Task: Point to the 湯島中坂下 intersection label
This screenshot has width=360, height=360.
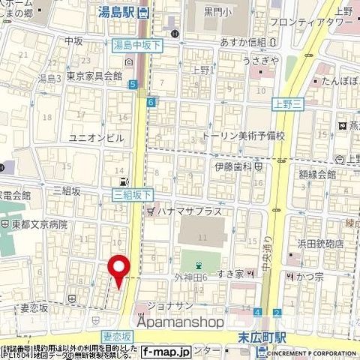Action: tap(137, 46)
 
